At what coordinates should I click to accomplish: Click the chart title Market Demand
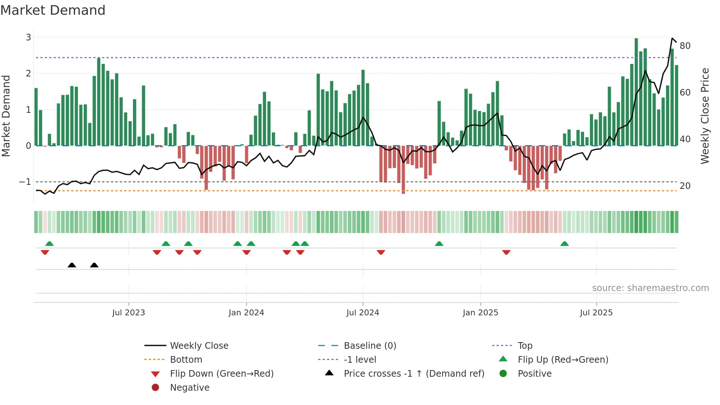pyautogui.click(x=53, y=10)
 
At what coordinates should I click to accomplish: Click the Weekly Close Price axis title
pyautogui.click(x=705, y=116)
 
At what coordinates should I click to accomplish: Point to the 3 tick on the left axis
pyautogui.click(x=28, y=37)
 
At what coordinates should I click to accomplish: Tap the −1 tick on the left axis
pyautogui.click(x=25, y=182)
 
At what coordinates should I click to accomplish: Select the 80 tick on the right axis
pyautogui.click(x=685, y=46)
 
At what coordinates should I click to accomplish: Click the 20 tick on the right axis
pyautogui.click(x=685, y=186)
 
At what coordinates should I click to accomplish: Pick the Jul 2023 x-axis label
pyautogui.click(x=129, y=313)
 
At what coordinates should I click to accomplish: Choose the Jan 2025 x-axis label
pyautogui.click(x=480, y=313)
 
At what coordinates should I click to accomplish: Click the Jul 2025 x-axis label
pyautogui.click(x=596, y=313)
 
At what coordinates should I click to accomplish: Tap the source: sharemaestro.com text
pyautogui.click(x=650, y=288)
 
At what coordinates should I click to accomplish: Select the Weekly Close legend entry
pyautogui.click(x=199, y=346)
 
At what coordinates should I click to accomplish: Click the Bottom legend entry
pyautogui.click(x=186, y=360)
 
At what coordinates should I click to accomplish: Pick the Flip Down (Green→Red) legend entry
pyautogui.click(x=222, y=374)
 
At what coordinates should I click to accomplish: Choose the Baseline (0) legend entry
pyautogui.click(x=370, y=346)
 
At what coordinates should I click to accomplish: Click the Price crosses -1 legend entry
pyautogui.click(x=414, y=374)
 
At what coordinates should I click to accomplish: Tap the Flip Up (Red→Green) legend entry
pyautogui.click(x=563, y=360)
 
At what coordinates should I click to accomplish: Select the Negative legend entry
pyautogui.click(x=190, y=388)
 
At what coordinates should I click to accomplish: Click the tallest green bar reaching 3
pyautogui.click(x=636, y=92)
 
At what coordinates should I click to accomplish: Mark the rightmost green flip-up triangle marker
pyautogui.click(x=565, y=244)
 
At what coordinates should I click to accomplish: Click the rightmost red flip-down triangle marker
pyautogui.click(x=506, y=252)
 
